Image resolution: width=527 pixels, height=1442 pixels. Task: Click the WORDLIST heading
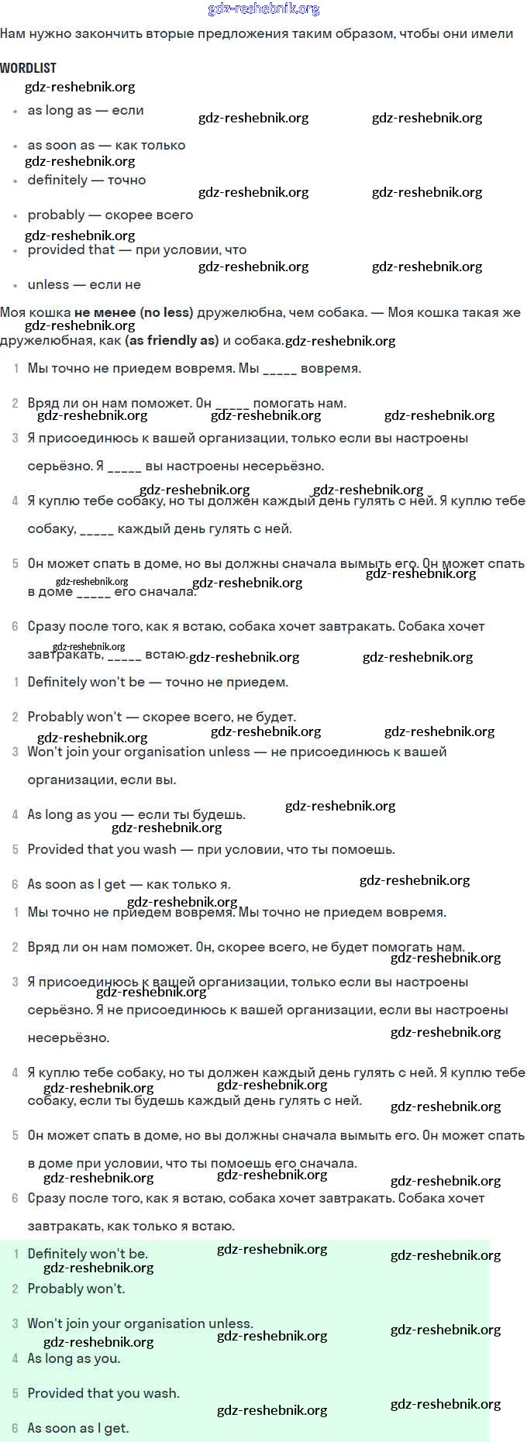(29, 68)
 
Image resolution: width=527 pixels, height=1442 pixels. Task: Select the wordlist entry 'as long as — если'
(85, 111)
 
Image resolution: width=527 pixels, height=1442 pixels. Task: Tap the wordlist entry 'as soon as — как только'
(106, 145)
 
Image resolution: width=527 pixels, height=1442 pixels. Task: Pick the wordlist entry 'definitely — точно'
(87, 180)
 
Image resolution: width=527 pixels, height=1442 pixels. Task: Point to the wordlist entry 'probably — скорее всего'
(110, 215)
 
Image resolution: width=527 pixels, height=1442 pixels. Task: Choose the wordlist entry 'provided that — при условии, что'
(137, 250)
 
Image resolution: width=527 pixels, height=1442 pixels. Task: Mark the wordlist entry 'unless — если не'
(84, 284)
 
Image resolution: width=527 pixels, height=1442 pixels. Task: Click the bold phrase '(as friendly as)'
(171, 340)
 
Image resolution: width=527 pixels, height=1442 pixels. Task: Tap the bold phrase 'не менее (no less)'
(133, 312)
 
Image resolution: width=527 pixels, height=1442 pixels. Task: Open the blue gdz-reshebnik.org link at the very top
(263, 9)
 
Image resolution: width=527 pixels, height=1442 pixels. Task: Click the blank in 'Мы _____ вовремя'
(280, 369)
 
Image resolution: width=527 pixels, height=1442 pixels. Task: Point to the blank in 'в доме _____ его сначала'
(94, 593)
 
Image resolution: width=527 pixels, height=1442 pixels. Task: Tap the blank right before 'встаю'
(124, 656)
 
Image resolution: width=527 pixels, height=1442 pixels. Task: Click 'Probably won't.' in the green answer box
(76, 1289)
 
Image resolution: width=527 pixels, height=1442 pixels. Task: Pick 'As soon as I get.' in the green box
(78, 1428)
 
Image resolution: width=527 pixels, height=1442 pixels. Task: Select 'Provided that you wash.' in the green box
(103, 1393)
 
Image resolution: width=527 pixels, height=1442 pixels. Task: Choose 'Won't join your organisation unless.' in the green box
(140, 1323)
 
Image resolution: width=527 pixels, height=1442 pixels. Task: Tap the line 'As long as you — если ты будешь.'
(136, 814)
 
